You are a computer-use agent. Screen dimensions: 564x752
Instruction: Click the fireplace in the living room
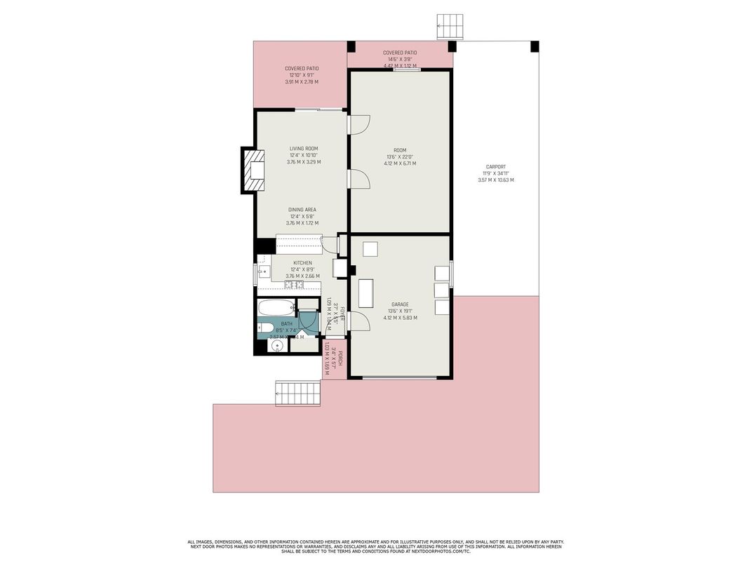click(x=254, y=169)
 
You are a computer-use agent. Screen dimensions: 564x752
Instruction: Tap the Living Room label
click(x=303, y=149)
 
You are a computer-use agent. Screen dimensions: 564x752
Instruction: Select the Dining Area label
click(x=302, y=210)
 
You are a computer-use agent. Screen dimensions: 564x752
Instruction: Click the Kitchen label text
click(x=302, y=263)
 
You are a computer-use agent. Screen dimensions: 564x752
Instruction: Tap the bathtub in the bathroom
click(x=274, y=308)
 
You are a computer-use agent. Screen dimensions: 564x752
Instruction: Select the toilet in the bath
click(x=266, y=327)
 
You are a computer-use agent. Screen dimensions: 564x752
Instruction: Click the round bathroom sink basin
click(x=276, y=347)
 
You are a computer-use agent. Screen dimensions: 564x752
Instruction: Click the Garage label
click(x=400, y=304)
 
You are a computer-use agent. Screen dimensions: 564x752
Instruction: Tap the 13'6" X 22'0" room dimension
click(x=400, y=156)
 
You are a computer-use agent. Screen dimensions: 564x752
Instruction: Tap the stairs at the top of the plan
click(x=450, y=26)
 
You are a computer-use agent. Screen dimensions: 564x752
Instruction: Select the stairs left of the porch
click(x=298, y=393)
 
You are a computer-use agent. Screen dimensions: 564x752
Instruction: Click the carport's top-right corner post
click(x=535, y=46)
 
